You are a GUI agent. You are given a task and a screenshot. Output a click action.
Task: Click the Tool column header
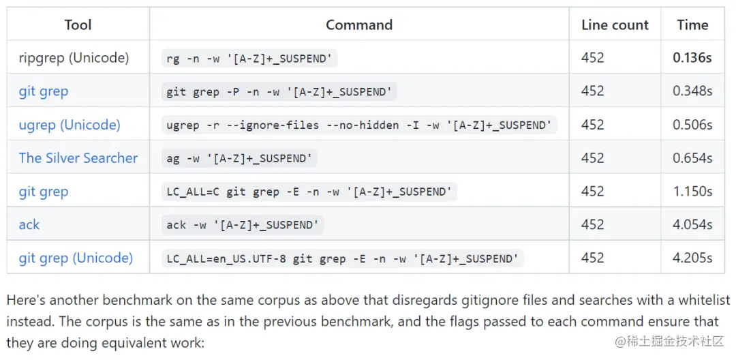78,25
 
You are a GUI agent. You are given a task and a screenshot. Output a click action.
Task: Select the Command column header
359,25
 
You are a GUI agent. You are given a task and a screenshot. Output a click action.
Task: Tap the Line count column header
615,25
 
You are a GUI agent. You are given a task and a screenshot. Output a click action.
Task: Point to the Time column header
692,25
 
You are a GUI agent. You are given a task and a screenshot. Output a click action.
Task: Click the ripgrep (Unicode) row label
74,58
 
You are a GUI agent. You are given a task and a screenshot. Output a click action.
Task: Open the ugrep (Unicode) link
70,125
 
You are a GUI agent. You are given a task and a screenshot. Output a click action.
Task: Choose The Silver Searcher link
78,157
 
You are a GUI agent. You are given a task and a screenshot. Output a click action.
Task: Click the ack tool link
29,224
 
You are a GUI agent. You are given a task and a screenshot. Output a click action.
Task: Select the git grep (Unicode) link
76,258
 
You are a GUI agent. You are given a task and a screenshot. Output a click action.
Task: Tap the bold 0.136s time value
692,58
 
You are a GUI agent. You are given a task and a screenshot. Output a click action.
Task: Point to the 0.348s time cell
692,91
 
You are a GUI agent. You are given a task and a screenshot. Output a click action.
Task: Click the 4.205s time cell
692,258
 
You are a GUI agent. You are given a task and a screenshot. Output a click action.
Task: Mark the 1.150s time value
692,191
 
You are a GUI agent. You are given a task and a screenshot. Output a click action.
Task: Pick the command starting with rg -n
249,58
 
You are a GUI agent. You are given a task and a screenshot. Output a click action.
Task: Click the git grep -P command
279,91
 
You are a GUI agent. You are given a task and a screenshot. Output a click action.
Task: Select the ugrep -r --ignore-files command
359,125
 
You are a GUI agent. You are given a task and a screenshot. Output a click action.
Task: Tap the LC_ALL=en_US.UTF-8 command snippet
343,258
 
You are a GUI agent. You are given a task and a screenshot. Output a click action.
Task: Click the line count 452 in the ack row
593,224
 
